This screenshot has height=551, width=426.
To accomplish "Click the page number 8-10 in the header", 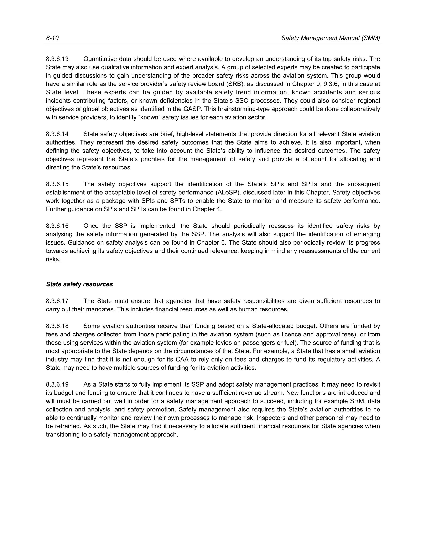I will pyautogui.click(x=52, y=38).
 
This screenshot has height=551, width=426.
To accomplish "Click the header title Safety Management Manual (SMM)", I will pyautogui.click(x=330, y=38).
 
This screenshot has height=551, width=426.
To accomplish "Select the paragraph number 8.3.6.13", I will pyautogui.click(x=57, y=59).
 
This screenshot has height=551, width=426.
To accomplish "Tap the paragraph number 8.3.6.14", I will pyautogui.click(x=57, y=134).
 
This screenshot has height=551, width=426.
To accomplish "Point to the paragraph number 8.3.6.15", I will pyautogui.click(x=57, y=184).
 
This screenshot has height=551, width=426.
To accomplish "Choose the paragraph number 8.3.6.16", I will pyautogui.click(x=57, y=226).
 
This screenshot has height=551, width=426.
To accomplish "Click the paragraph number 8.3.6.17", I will pyautogui.click(x=57, y=301).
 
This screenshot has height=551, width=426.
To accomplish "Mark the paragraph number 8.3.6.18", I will pyautogui.click(x=57, y=326).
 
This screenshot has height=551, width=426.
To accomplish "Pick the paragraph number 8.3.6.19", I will pyautogui.click(x=57, y=384).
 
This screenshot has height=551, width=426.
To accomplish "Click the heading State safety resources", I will pyautogui.click(x=79, y=284).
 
